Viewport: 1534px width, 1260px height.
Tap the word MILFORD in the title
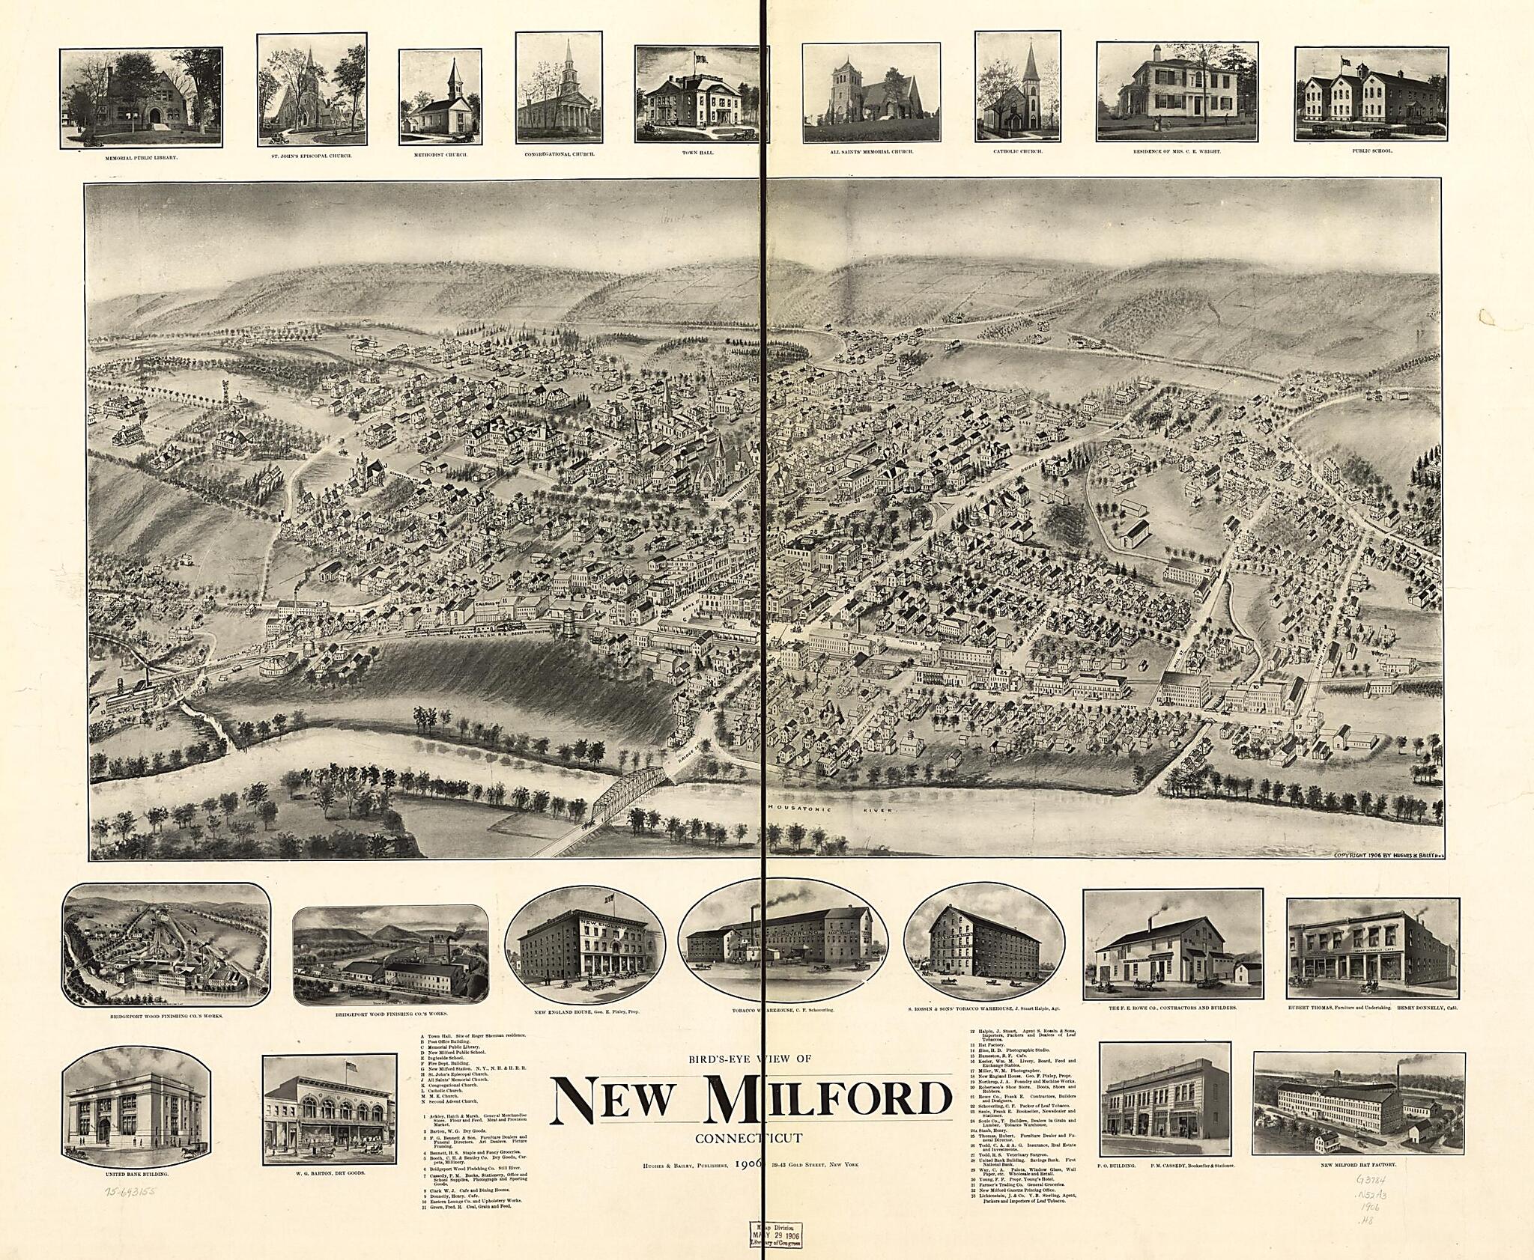pos(828,1098)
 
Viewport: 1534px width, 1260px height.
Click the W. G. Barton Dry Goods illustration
pos(330,1118)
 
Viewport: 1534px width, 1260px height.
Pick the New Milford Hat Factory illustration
pos(1357,1116)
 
